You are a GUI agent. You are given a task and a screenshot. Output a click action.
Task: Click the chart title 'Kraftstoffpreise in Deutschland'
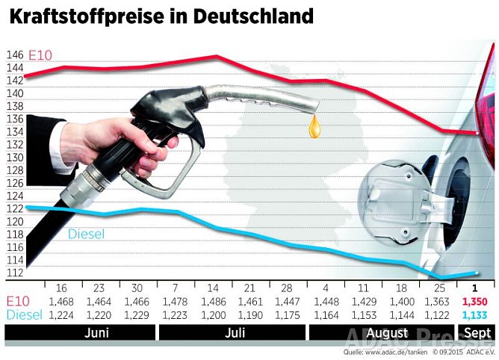(x=161, y=16)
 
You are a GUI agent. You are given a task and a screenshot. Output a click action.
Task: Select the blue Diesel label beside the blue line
(x=86, y=234)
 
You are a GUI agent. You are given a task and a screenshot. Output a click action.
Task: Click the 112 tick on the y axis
(x=14, y=273)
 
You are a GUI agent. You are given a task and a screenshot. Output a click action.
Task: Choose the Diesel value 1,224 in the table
(x=63, y=314)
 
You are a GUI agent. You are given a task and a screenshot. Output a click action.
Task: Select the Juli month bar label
(x=235, y=332)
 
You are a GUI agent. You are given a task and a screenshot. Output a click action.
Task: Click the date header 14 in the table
(x=213, y=287)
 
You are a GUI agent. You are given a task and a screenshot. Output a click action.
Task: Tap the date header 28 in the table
(x=287, y=287)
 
